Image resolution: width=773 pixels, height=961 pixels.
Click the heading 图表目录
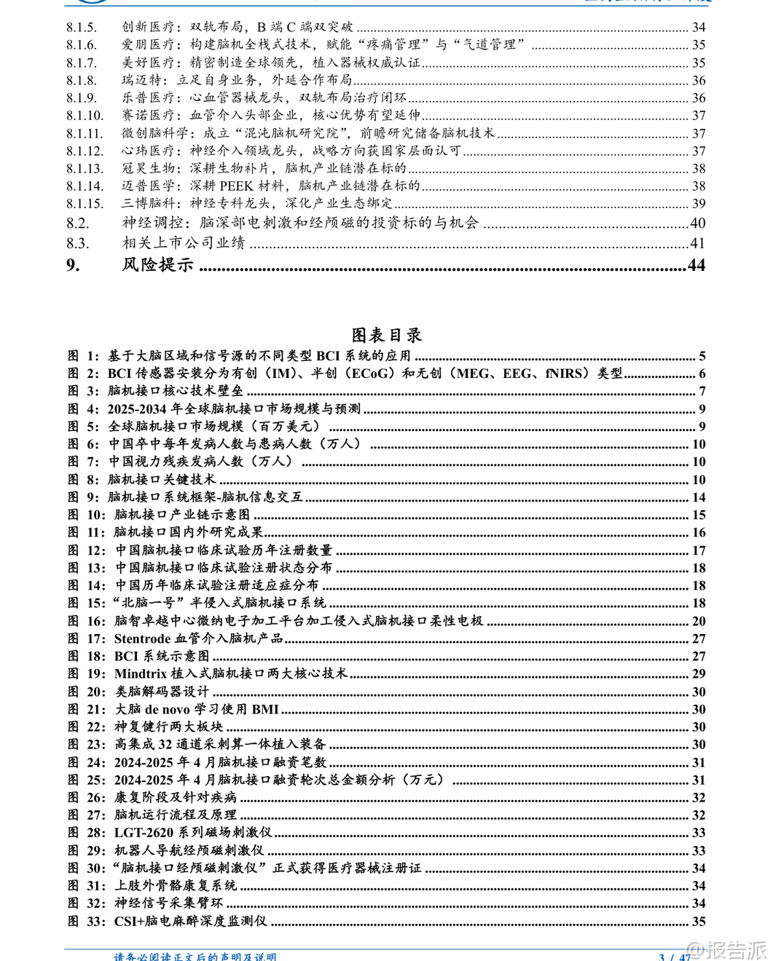point(386,335)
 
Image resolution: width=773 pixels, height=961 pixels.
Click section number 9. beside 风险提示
point(73,265)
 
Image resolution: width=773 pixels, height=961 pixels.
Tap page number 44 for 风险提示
point(697,265)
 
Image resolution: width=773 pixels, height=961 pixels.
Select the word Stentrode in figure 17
point(142,638)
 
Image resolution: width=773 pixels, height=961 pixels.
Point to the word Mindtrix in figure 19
point(141,673)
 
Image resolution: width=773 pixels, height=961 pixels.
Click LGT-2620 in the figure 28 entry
point(144,832)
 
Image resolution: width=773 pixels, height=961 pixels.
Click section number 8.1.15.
point(85,204)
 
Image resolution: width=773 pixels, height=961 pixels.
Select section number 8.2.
point(77,224)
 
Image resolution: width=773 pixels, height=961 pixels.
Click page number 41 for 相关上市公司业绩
point(697,243)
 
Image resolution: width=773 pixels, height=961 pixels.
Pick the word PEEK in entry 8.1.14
point(236,186)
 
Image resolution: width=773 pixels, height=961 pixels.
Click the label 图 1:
point(83,356)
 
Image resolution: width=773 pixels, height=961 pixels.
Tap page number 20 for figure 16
point(699,621)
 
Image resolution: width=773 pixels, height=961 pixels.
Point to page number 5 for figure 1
point(702,356)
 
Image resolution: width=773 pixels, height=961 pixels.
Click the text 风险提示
point(157,265)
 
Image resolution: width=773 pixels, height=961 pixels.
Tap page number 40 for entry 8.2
point(697,224)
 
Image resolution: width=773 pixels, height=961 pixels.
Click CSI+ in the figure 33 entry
point(129,921)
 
